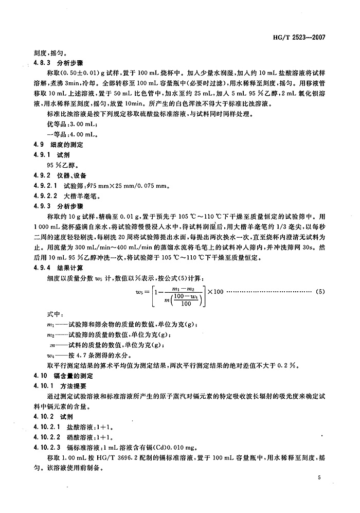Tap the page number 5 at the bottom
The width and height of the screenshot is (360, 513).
319,478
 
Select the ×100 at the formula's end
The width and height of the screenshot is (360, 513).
214,292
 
